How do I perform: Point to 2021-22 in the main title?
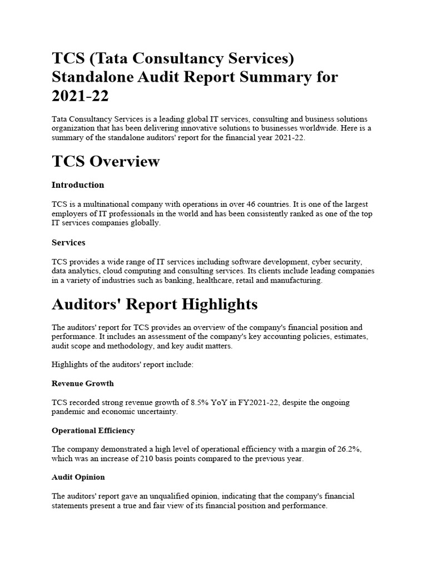(x=80, y=96)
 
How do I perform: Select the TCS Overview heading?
(x=106, y=161)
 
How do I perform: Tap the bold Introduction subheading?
(x=78, y=184)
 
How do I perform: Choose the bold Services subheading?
(x=68, y=242)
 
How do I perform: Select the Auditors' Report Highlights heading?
(x=155, y=305)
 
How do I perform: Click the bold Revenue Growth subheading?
(x=83, y=383)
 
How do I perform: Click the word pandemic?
(x=69, y=412)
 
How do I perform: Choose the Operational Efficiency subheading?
(x=93, y=431)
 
